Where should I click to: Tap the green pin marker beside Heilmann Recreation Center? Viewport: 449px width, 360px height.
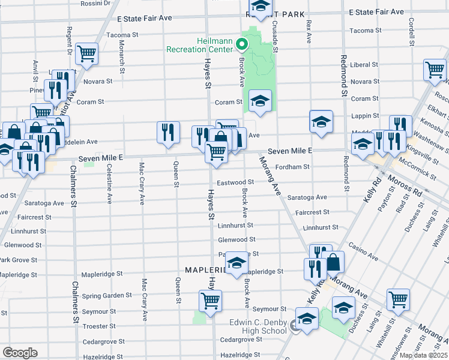(241, 44)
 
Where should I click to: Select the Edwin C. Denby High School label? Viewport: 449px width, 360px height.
(258, 326)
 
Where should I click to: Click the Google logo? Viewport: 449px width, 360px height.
(19, 352)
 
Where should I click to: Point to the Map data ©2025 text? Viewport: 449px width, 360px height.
(423, 355)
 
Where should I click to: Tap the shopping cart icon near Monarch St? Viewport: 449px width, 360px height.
(88, 54)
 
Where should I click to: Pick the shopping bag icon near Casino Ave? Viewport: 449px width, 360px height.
(333, 262)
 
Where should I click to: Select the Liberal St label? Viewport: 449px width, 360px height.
(364, 64)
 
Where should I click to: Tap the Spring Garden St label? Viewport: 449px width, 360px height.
(107, 295)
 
